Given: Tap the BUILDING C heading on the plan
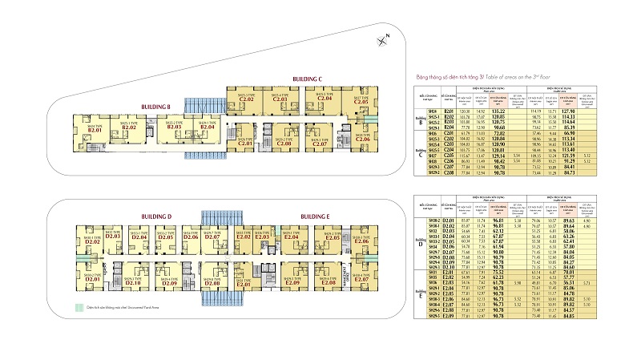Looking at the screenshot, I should [307, 79].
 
